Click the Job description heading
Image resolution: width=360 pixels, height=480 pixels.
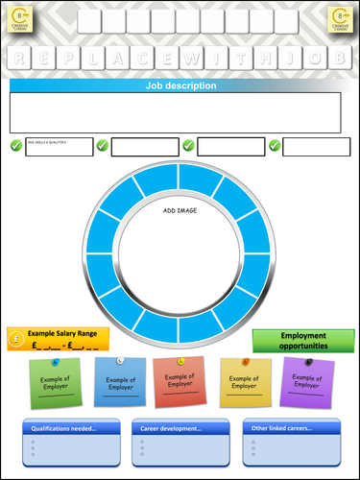[180, 85]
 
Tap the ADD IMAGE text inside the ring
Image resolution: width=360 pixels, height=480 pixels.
[180, 209]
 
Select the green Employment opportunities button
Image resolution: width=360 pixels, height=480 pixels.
[303, 341]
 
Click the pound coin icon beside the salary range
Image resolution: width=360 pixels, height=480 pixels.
[17, 338]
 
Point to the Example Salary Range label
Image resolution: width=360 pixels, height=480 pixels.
[63, 333]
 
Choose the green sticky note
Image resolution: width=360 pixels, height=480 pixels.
[56, 384]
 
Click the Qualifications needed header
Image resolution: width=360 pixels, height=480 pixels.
[63, 428]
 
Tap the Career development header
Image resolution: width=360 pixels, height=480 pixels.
[173, 428]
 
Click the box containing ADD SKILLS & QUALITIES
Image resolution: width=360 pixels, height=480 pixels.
[60, 147]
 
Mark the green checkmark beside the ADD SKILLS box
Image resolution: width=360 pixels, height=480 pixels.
[15, 146]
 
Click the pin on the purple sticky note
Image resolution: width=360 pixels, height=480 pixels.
[309, 362]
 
